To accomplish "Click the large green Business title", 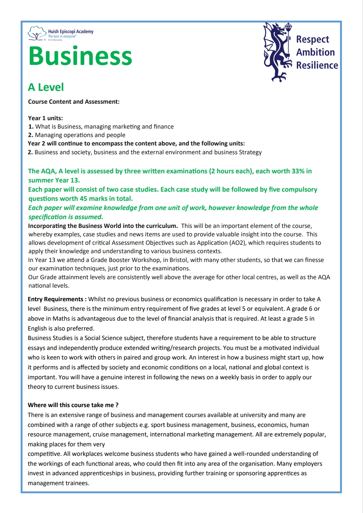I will pyautogui.click(x=80, y=56).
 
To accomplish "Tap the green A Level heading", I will pyautogui.click(x=46, y=87).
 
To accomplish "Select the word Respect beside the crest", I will pyautogui.click(x=312, y=39).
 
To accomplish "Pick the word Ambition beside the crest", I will pyautogui.click(x=315, y=52).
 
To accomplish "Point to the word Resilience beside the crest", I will pyautogui.click(x=317, y=65).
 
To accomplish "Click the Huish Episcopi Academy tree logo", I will pyautogui.click(x=37, y=33).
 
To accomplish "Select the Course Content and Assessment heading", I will pyautogui.click(x=74, y=102).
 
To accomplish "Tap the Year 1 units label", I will pyautogui.click(x=45, y=118).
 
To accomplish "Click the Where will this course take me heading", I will pyautogui.click(x=73, y=405).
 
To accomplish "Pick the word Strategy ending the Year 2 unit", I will pyautogui.click(x=250, y=152).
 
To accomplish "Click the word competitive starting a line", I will pyautogui.click(x=44, y=454).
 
